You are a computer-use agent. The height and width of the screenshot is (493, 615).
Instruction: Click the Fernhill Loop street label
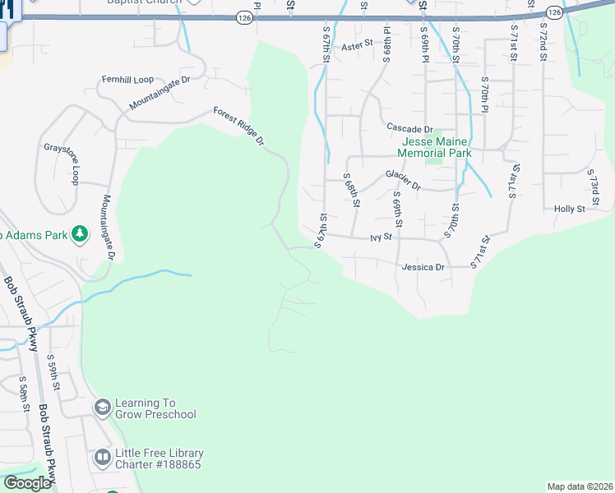[x=127, y=80]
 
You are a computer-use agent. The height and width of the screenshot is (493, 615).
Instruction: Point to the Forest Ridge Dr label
[x=238, y=126]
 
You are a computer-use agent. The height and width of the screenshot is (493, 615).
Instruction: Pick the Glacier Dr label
[x=403, y=181]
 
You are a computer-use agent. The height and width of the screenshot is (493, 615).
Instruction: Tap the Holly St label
[x=569, y=209]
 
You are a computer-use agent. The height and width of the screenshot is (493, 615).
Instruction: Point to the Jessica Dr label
[x=423, y=267]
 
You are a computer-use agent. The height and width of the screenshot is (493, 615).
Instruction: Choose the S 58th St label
[x=25, y=396]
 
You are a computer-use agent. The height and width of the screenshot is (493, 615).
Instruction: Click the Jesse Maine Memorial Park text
[x=434, y=148]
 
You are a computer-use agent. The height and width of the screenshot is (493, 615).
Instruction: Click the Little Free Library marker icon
[x=102, y=458]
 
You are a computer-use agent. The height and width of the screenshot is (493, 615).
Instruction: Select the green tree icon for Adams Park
[x=80, y=235]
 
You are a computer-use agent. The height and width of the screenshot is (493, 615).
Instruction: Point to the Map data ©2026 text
[x=580, y=486]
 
